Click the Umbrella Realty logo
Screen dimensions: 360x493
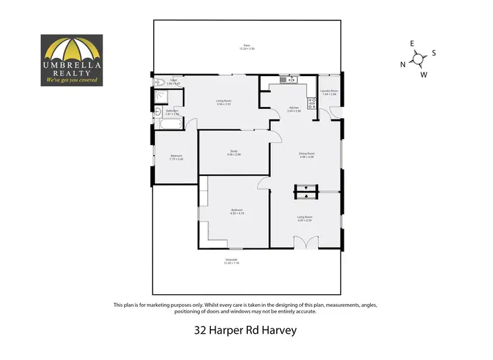[x=72, y=60]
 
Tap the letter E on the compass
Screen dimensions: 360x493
[x=412, y=43]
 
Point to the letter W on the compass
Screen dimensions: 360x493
[x=424, y=74]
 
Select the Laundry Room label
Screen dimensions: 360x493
[x=329, y=92]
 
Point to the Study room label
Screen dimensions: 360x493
[x=233, y=152]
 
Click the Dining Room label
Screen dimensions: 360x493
[x=307, y=155]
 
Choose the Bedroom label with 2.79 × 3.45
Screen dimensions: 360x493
[x=176, y=158]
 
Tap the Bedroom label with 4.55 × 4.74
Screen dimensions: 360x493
[x=237, y=212]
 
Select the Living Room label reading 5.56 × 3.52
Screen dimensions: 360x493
[x=223, y=102]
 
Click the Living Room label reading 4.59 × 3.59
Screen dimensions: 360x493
[x=304, y=218]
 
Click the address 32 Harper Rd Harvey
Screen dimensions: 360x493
[x=246, y=330]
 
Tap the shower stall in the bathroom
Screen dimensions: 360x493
[x=160, y=98]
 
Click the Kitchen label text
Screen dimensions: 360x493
[x=294, y=109]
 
